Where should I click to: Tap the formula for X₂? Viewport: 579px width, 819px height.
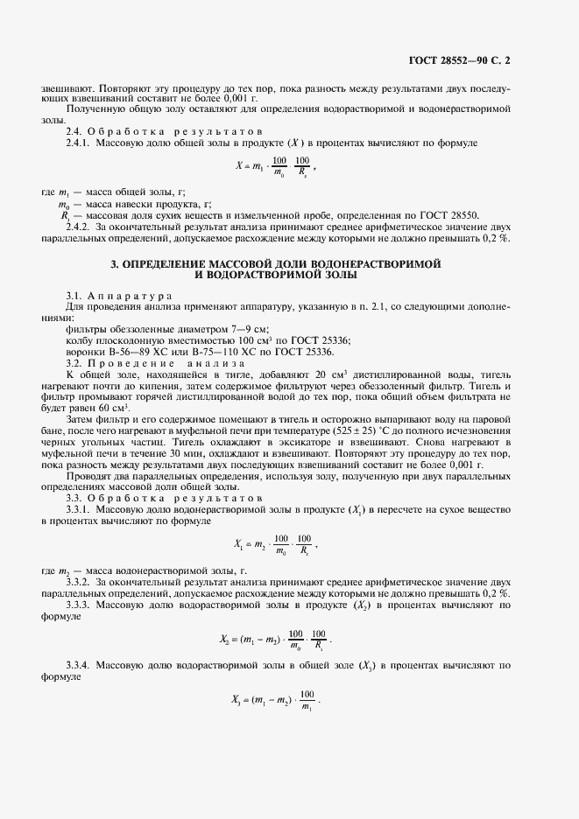[274, 639]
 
